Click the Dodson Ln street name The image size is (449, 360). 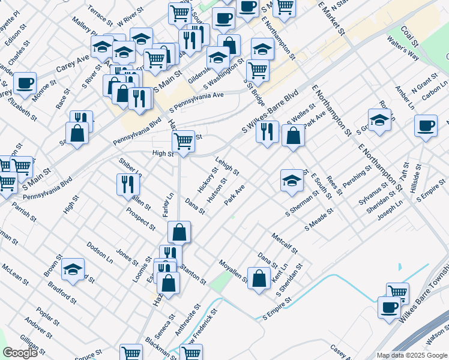(100, 252)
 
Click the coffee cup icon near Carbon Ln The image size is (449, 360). (426, 126)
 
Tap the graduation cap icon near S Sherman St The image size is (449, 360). (291, 180)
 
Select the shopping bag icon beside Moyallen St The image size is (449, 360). (259, 278)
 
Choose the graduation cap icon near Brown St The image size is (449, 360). (73, 269)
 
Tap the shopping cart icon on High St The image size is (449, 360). (183, 142)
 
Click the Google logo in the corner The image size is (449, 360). (20, 353)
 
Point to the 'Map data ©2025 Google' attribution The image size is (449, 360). (411, 355)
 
